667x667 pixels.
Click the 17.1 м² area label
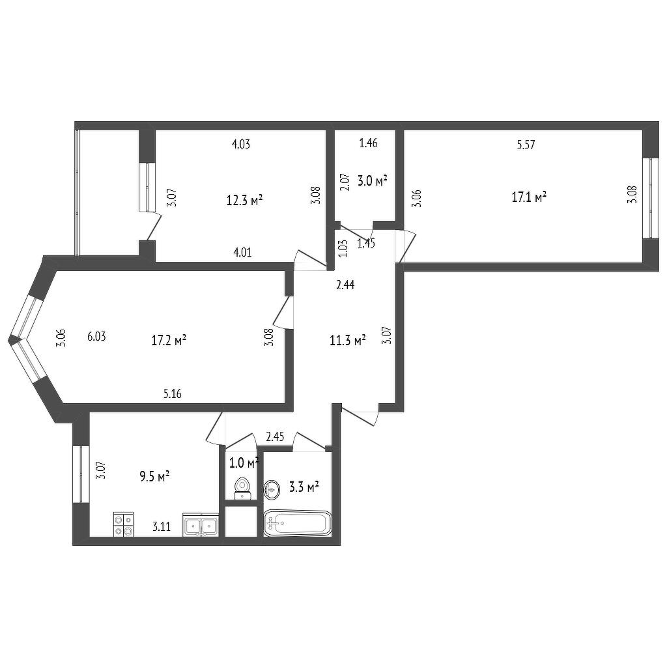[529, 197]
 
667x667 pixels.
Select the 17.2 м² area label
[169, 340]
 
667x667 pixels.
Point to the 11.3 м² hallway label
[348, 340]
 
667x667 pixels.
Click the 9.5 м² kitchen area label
[155, 476]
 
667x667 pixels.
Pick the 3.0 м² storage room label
[372, 181]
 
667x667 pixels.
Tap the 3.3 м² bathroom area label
[304, 487]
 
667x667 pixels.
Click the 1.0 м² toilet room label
[244, 463]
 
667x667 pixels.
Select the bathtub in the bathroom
[297, 523]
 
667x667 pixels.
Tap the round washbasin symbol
[272, 490]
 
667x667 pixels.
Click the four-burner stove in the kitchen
[123, 525]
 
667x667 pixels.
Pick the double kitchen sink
[201, 525]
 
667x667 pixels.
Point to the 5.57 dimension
[526, 145]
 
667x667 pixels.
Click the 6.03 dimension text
[96, 337]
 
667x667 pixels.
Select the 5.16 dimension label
[172, 394]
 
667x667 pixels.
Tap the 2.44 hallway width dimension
[345, 285]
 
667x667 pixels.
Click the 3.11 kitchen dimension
[162, 527]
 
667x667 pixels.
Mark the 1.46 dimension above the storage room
[369, 143]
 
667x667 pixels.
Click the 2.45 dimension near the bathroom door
[275, 437]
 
